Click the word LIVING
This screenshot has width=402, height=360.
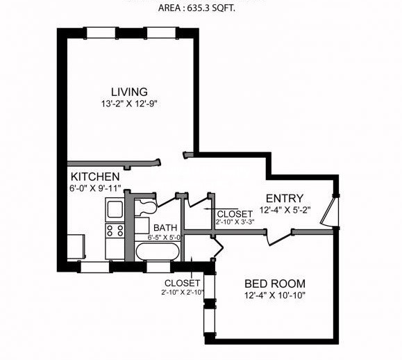tap(129, 92)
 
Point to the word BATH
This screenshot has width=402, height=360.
tap(165, 227)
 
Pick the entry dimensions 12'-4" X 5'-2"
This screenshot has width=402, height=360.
tap(285, 209)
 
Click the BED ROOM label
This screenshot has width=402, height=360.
tap(275, 284)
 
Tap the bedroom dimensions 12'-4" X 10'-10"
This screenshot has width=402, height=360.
tap(275, 295)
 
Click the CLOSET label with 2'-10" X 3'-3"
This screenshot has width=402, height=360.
tap(235, 213)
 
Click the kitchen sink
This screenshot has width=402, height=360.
tap(114, 208)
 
